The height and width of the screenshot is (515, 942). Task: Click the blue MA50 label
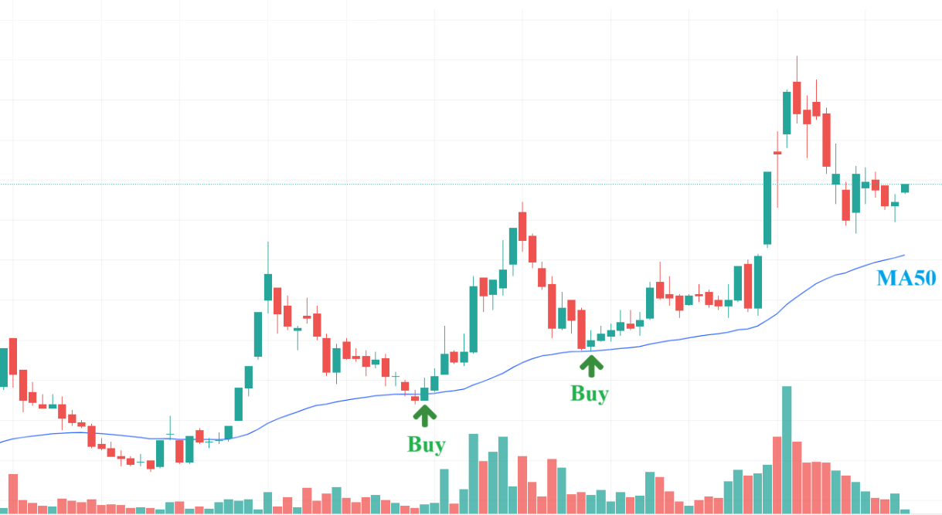906,278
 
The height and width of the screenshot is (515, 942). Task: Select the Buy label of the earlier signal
426,445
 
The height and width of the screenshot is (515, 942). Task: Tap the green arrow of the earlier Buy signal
424,415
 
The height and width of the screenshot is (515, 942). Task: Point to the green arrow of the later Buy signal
592,365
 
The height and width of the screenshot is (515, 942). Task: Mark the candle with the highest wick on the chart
797,93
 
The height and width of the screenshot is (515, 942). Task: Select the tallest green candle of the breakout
767,208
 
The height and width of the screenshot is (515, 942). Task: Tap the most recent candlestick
905,188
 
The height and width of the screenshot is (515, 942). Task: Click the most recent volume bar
905,511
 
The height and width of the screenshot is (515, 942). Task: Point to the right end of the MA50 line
903,255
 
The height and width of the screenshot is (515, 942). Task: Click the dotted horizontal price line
464,184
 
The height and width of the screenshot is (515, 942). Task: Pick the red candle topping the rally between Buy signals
522,226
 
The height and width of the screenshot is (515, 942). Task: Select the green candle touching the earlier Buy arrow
424,394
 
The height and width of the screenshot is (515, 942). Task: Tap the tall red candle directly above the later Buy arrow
581,329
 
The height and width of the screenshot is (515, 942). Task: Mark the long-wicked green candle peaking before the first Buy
267,286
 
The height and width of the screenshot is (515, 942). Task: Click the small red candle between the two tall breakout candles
777,153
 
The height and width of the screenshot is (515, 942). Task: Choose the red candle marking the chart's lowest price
151,465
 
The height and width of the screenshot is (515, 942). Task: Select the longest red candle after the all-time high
827,141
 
